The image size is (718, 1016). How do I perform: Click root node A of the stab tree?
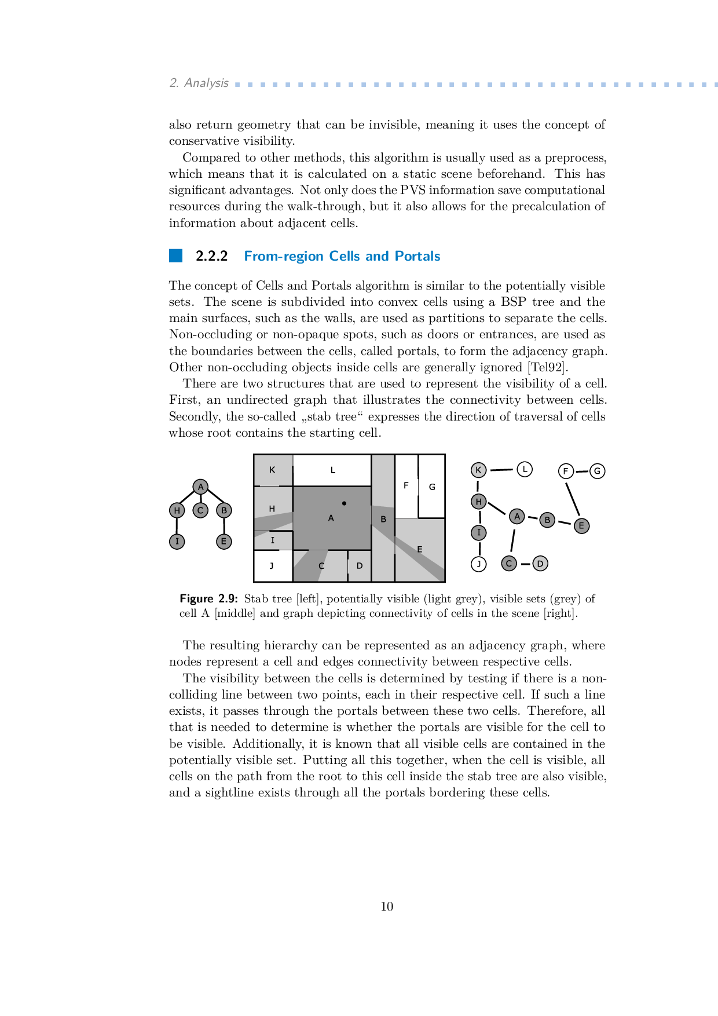[200, 487]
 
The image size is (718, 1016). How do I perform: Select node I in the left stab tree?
[177, 542]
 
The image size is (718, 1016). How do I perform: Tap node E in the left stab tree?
[224, 542]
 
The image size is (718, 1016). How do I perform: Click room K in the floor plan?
[273, 470]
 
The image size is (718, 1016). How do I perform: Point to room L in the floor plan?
[332, 470]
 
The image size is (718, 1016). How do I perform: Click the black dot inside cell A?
[344, 503]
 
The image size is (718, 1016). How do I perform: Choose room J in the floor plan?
[273, 566]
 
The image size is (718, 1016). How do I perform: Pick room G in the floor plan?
[431, 487]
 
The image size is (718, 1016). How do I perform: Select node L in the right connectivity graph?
[525, 469]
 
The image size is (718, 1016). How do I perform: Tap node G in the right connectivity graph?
[598, 471]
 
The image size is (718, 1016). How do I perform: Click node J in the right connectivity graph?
[479, 564]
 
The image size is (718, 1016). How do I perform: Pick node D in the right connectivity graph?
[540, 563]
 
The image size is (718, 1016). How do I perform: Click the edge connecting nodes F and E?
[572, 499]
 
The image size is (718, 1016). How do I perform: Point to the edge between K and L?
[501, 470]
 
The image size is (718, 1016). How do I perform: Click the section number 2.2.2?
[212, 256]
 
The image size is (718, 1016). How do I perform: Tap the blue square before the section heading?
[175, 255]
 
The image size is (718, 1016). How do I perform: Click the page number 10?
[387, 907]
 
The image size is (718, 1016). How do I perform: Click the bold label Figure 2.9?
[208, 599]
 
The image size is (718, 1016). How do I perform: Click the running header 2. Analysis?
[199, 83]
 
